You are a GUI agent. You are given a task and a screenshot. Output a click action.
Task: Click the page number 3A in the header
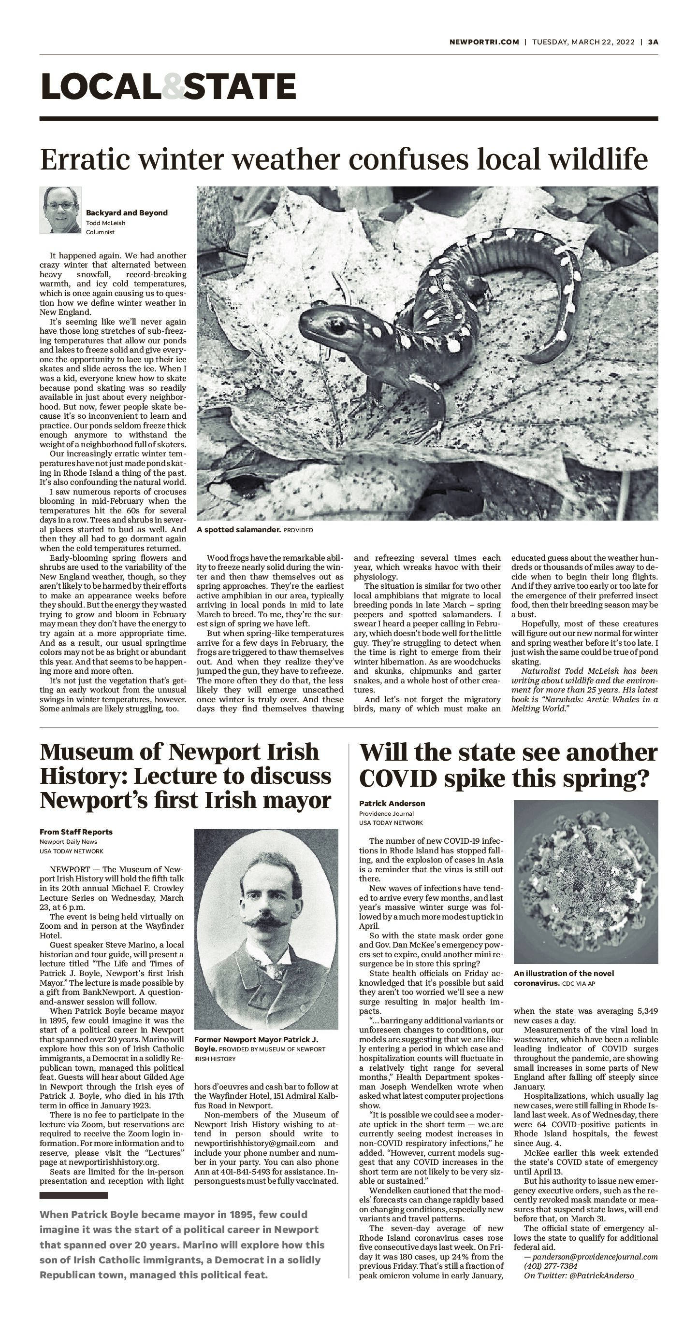[x=653, y=42]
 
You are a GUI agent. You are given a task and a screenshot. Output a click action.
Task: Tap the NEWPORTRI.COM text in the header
[x=484, y=42]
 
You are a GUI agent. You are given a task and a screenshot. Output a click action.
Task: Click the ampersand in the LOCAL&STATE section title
[x=173, y=86]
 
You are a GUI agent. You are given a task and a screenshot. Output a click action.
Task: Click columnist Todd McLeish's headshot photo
[x=60, y=210]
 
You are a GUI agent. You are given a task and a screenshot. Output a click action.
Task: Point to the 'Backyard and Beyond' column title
[x=127, y=213]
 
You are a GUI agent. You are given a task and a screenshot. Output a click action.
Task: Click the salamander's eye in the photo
[x=337, y=326]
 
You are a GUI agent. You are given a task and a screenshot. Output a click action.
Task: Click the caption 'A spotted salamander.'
[x=238, y=530]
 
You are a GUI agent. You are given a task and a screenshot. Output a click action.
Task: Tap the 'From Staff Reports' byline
[x=76, y=832]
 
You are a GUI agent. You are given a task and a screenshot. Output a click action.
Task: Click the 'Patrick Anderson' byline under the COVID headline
[x=392, y=804]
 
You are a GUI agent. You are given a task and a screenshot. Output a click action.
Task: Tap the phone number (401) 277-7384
[x=550, y=1266]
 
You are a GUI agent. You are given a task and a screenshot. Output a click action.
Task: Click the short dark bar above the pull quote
[x=73, y=1195]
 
